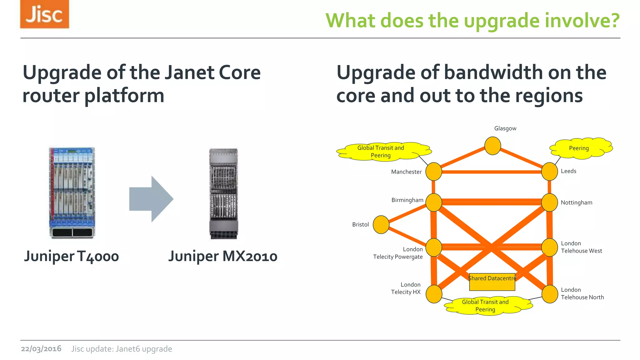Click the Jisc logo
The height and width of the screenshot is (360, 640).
coord(44,14)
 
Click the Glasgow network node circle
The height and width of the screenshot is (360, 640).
coord(492,146)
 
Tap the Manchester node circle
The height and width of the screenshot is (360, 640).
coord(434,172)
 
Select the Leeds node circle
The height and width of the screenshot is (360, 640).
coord(549,172)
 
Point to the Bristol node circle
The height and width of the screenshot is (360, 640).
coord(381,225)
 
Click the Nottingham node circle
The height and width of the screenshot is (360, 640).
coord(549,202)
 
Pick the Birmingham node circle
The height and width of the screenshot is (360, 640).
coord(434,202)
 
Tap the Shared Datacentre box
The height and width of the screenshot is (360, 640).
coord(492,282)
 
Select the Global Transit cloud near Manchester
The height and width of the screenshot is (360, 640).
coord(382,152)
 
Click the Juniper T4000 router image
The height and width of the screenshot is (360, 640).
coord(72,193)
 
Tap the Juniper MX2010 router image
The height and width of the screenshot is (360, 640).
coord(223,194)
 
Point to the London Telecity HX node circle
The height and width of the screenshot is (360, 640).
coord(434,294)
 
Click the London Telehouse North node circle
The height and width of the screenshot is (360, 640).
coord(549,294)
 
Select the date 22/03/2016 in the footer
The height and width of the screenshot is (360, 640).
coord(41,349)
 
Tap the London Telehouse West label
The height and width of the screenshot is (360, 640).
coord(581,247)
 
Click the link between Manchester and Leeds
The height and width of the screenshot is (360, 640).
coord(491,172)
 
